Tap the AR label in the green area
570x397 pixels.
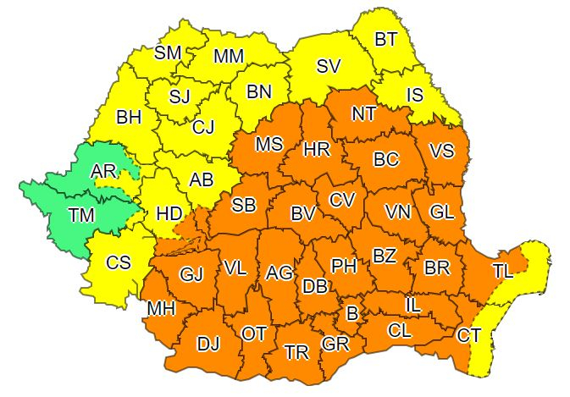pos(103,172)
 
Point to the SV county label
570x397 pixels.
pos(329,66)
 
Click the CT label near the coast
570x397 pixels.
pos(469,336)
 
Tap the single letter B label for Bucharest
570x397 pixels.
pos(352,314)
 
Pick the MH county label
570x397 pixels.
pos(161,309)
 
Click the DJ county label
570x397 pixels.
pos(209,345)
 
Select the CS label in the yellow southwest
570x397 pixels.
pos(118,263)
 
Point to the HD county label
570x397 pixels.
pos(169,213)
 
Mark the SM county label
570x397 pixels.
pos(168,52)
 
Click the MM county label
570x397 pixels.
pos(229,57)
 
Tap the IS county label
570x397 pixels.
pos(415,95)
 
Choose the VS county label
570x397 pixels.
pos(441,152)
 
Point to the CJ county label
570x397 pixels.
pos(203,128)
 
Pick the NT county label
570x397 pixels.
pos(363,113)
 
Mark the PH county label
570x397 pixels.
pos(343,266)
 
